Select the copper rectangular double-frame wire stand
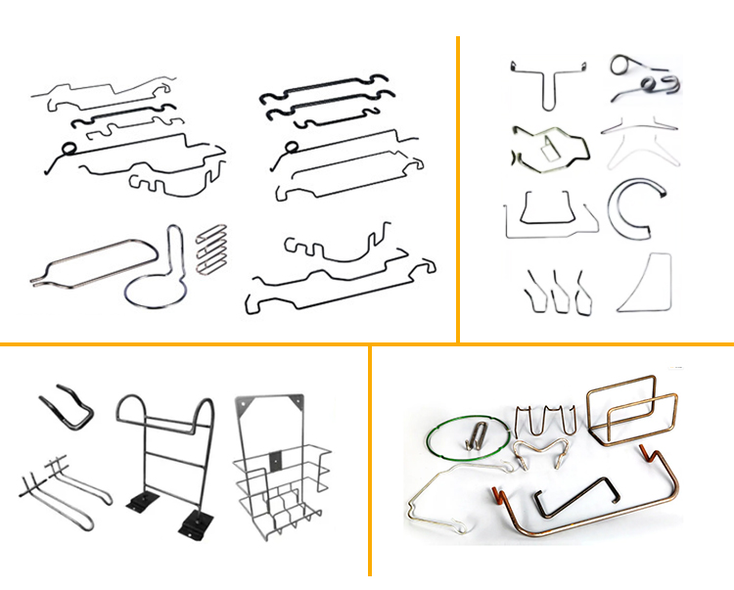coord(631,415)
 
